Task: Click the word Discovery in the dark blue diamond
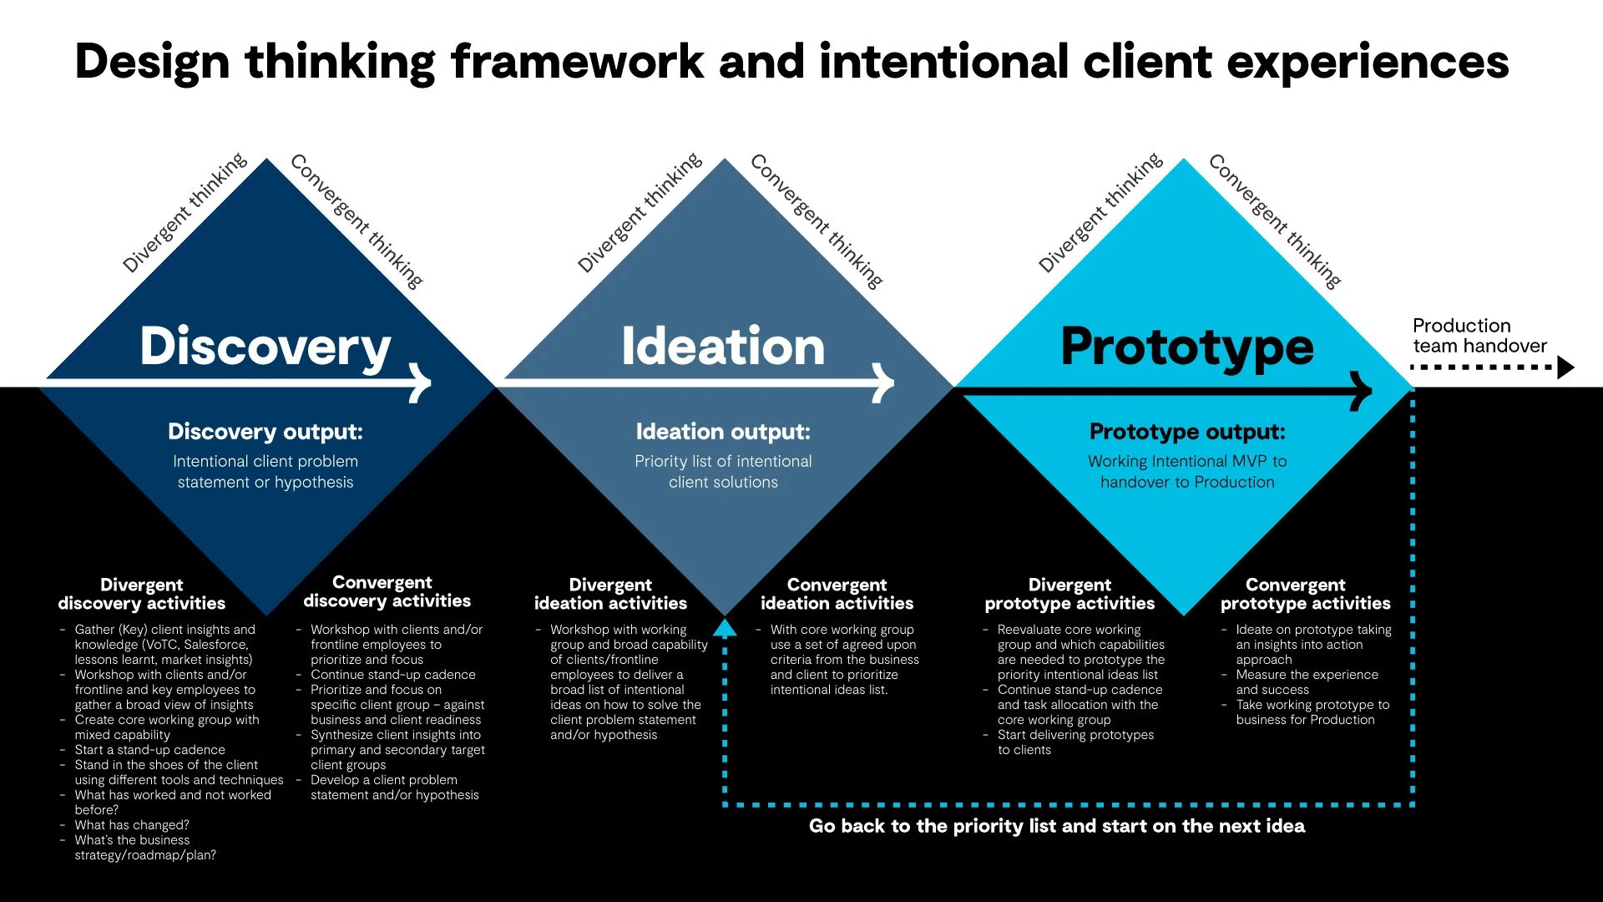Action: [265, 347]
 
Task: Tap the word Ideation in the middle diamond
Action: [723, 347]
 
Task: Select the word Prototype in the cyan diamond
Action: [1186, 347]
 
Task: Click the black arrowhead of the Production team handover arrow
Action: [1565, 367]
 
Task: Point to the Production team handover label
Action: [1479, 336]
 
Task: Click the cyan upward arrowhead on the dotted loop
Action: [725, 627]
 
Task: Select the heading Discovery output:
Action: [265, 432]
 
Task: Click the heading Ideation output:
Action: [723, 432]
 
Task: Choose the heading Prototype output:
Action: [1187, 432]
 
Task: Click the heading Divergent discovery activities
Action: [142, 594]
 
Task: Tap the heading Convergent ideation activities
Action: [837, 594]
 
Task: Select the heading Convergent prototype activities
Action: [1305, 594]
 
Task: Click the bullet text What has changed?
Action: [132, 825]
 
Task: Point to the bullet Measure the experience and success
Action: [1307, 682]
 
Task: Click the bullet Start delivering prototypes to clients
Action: [1075, 742]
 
